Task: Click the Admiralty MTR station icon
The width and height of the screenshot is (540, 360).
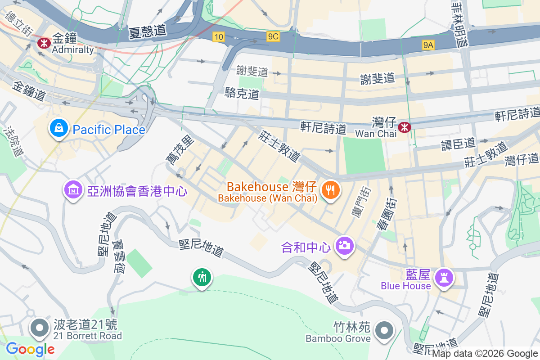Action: (44, 43)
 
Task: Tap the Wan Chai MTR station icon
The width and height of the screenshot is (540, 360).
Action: (405, 127)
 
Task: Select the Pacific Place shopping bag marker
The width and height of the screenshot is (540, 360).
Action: (59, 128)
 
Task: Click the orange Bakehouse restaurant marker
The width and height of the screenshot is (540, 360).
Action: (330, 190)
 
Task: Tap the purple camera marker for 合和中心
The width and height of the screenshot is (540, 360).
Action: (345, 246)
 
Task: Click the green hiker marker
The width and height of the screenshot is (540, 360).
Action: (202, 277)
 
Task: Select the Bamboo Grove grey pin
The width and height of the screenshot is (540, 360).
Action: (384, 331)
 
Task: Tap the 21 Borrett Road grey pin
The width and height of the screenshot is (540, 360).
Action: (40, 328)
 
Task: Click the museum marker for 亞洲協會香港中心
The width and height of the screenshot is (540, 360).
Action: (73, 190)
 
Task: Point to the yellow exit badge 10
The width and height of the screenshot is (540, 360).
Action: (219, 37)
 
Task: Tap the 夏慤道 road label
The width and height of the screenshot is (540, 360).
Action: (148, 31)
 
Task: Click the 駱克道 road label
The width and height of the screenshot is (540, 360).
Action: (242, 94)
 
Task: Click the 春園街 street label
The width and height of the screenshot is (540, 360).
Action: (387, 213)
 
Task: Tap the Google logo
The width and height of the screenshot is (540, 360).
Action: (31, 349)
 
